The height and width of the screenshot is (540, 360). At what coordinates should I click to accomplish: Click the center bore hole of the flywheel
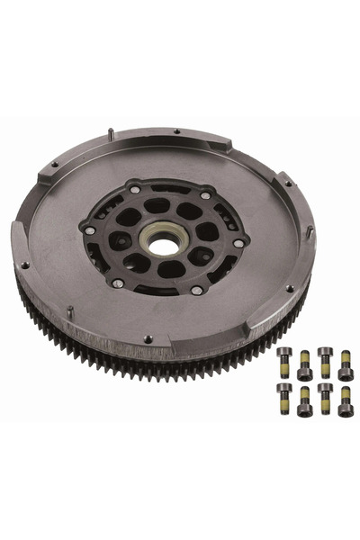[x=164, y=240]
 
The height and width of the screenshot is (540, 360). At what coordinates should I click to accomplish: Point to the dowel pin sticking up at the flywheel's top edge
[x=110, y=133]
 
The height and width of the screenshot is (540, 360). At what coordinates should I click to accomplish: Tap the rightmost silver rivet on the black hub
[x=238, y=243]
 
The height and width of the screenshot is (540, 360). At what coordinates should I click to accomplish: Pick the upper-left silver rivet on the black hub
[x=135, y=190]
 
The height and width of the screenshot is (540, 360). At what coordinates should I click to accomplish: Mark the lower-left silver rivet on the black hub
[x=118, y=283]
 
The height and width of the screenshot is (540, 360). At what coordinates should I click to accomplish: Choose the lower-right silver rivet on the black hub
[x=196, y=290]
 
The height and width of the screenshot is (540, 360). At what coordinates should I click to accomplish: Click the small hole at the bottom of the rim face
[x=148, y=338]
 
